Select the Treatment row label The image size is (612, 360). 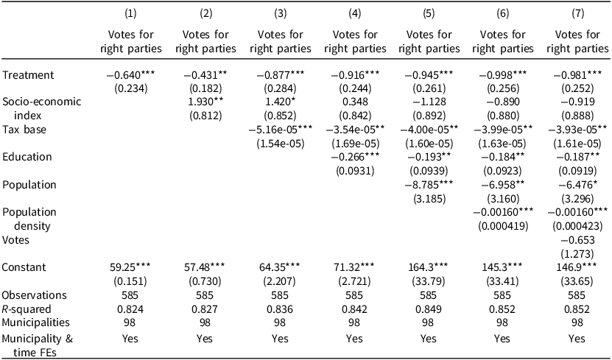point(28,75)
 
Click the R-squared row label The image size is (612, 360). point(27,309)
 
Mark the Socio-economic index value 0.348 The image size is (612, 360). point(354,102)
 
